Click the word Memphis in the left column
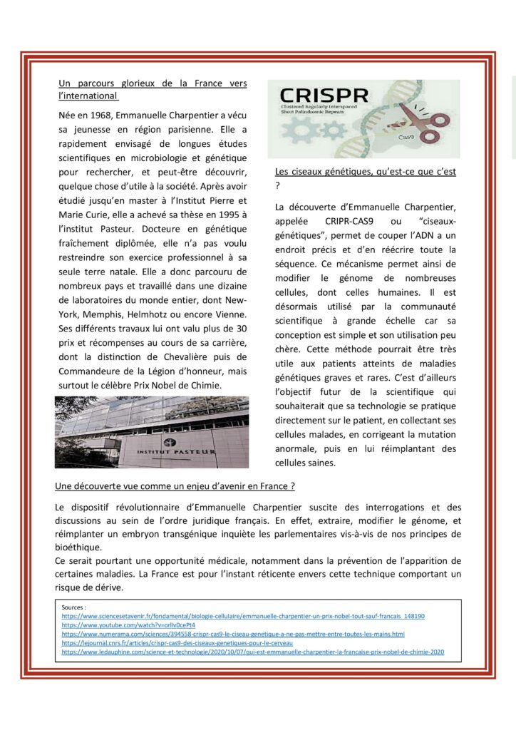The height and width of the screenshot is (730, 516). tap(98, 314)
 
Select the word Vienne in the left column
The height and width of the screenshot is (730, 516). tap(229, 314)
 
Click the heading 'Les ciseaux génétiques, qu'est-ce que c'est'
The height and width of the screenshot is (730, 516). tap(366, 172)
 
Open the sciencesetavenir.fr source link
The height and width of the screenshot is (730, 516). tap(242, 615)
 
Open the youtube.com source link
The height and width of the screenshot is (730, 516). tap(128, 624)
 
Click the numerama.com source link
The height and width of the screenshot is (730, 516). tap(232, 634)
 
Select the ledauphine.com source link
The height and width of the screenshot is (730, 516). tap(252, 652)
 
